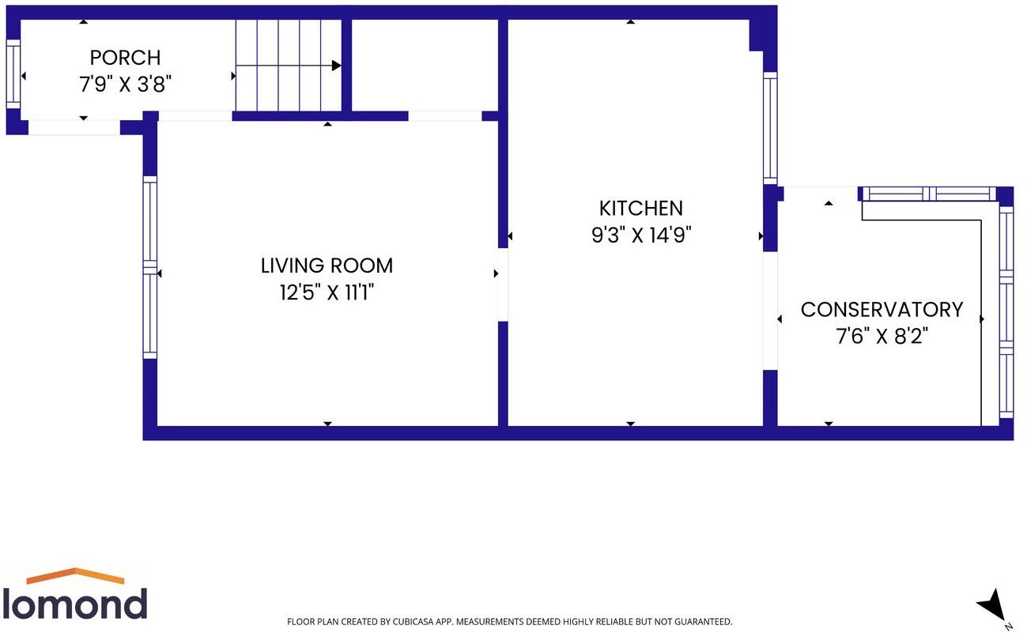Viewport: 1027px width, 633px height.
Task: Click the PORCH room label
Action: point(125,58)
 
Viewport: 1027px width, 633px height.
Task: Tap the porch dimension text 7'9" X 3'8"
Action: point(125,85)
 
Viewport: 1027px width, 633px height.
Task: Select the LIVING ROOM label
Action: point(327,266)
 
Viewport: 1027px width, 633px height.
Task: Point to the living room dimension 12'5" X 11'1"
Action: point(327,293)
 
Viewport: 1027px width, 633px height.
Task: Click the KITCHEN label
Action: point(640,208)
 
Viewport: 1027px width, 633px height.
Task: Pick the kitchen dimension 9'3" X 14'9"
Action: point(640,235)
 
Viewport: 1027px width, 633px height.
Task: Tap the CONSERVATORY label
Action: point(882,309)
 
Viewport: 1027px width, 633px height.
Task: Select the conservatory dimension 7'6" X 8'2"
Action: point(882,337)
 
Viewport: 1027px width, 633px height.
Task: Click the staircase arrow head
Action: point(336,66)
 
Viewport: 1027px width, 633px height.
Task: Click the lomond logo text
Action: point(75,604)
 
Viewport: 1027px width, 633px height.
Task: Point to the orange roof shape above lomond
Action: point(76,575)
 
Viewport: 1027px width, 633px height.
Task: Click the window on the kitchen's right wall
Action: point(769,128)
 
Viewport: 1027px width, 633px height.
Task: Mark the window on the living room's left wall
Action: point(149,266)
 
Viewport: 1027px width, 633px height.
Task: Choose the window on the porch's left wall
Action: point(12,73)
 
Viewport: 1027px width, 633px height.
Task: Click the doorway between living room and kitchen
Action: point(503,284)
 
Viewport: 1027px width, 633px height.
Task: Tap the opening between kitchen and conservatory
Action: point(769,311)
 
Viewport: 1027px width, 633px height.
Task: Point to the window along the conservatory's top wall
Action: point(926,193)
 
